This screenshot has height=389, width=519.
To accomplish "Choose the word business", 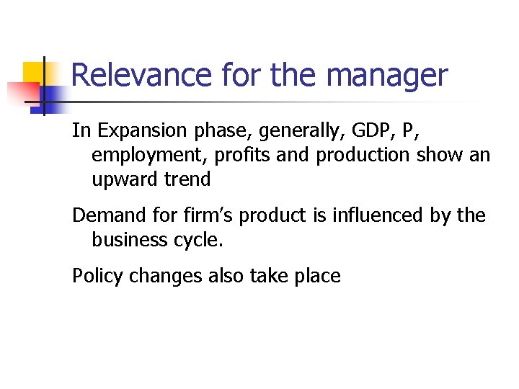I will point(129,239).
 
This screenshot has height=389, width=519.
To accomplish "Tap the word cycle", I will point(198,240).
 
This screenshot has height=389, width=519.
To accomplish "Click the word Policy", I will point(97,275).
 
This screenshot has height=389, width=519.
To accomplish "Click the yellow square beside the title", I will point(34,73).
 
